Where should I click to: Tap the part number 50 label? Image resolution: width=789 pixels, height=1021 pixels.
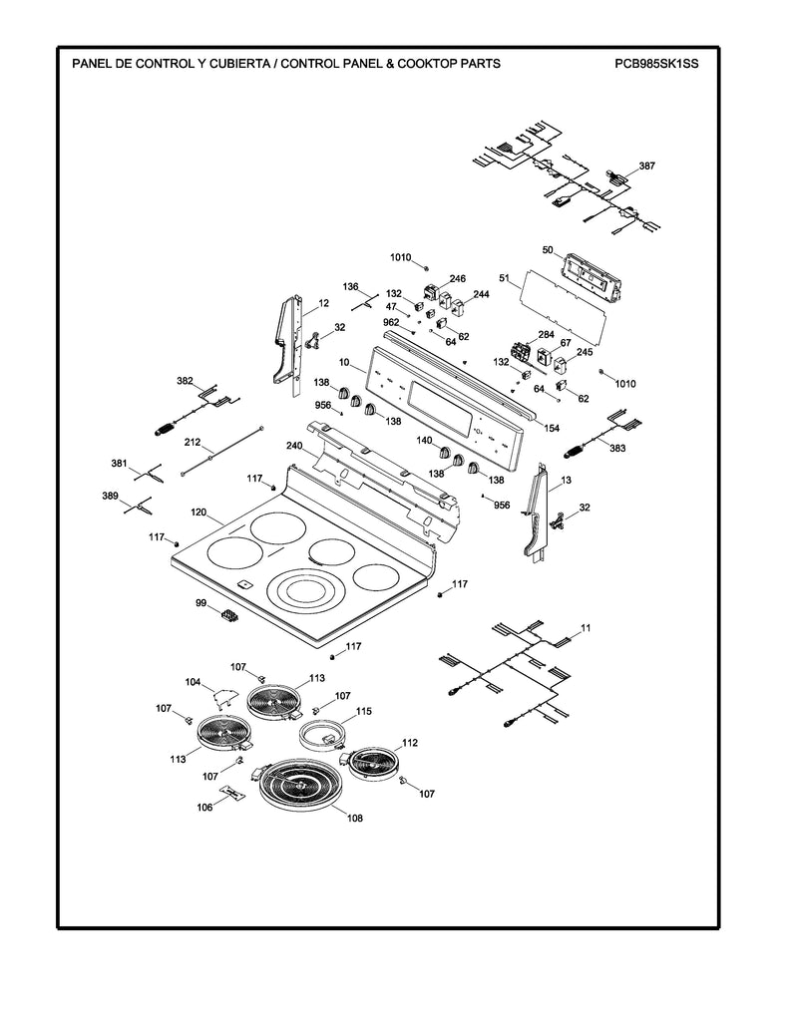point(547,249)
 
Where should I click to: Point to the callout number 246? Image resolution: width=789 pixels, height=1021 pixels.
point(457,279)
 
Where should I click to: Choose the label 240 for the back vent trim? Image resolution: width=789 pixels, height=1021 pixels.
point(294,446)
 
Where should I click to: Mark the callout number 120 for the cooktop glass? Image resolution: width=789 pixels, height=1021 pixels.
point(198,512)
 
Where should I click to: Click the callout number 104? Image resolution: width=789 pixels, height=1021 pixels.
point(193,682)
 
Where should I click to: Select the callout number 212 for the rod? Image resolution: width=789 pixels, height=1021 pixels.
point(193,442)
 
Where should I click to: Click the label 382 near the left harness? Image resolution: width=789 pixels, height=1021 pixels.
point(185,382)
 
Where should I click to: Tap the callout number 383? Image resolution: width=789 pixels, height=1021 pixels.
point(617,449)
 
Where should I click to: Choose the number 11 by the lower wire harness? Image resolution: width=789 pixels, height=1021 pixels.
point(586,627)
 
